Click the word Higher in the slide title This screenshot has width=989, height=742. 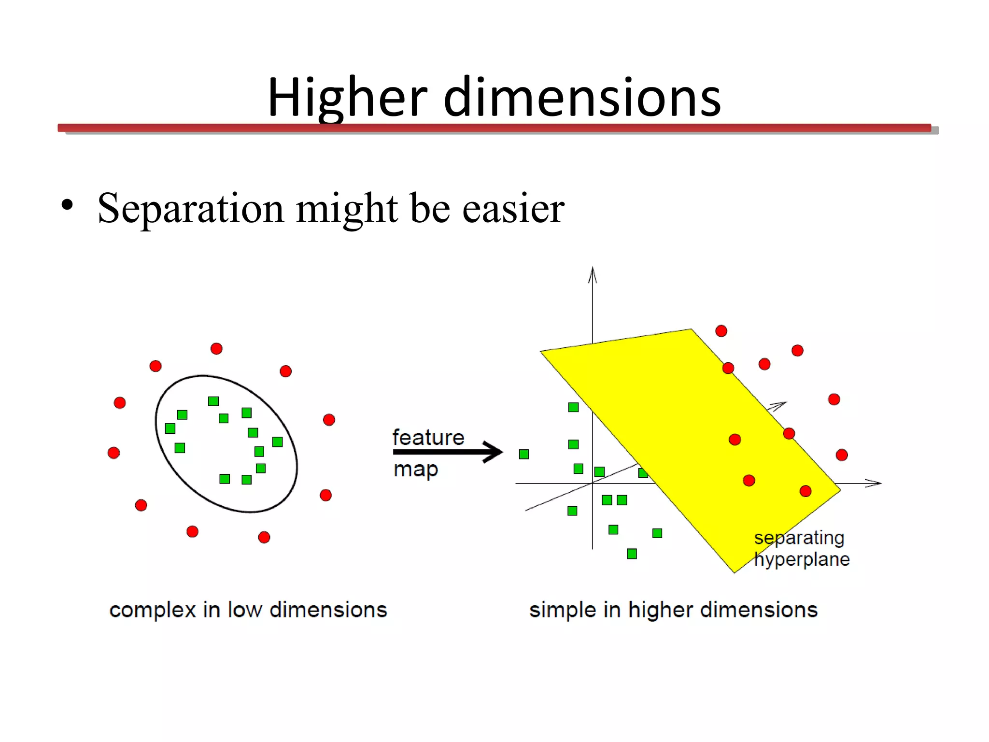click(x=347, y=98)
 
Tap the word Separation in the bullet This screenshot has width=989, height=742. click(x=191, y=209)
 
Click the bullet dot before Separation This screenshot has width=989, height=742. click(x=67, y=205)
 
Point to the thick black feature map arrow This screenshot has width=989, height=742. click(x=447, y=452)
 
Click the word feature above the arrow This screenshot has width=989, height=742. click(x=428, y=437)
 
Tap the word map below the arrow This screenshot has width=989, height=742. click(x=416, y=470)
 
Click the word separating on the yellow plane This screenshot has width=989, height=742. click(x=799, y=538)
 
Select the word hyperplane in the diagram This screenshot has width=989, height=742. click(x=802, y=560)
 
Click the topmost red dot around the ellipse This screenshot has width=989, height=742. click(x=216, y=349)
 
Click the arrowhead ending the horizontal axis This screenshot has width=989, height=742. click(x=874, y=483)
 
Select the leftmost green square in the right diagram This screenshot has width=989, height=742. click(x=524, y=454)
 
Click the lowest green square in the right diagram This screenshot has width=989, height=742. click(x=632, y=554)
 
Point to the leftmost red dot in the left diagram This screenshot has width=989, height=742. click(x=113, y=453)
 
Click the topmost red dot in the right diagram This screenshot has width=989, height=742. click(x=721, y=331)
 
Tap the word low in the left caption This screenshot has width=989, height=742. click(x=245, y=610)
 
